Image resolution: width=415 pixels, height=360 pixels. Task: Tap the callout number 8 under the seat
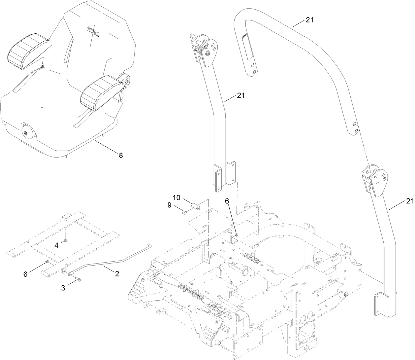[x=121, y=155]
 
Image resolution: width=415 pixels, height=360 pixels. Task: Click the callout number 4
[x=57, y=245]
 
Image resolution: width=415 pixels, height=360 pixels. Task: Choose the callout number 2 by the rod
[x=117, y=273]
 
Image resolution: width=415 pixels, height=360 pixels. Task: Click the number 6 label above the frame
[x=227, y=200]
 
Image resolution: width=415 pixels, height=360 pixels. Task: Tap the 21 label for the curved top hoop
[x=309, y=20]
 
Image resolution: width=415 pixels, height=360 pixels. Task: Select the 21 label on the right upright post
[x=409, y=200]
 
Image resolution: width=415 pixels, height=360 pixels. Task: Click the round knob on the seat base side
[x=26, y=132]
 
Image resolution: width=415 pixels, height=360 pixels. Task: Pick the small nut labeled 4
[x=66, y=240]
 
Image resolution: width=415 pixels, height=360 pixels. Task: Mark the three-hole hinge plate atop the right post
[x=378, y=178]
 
